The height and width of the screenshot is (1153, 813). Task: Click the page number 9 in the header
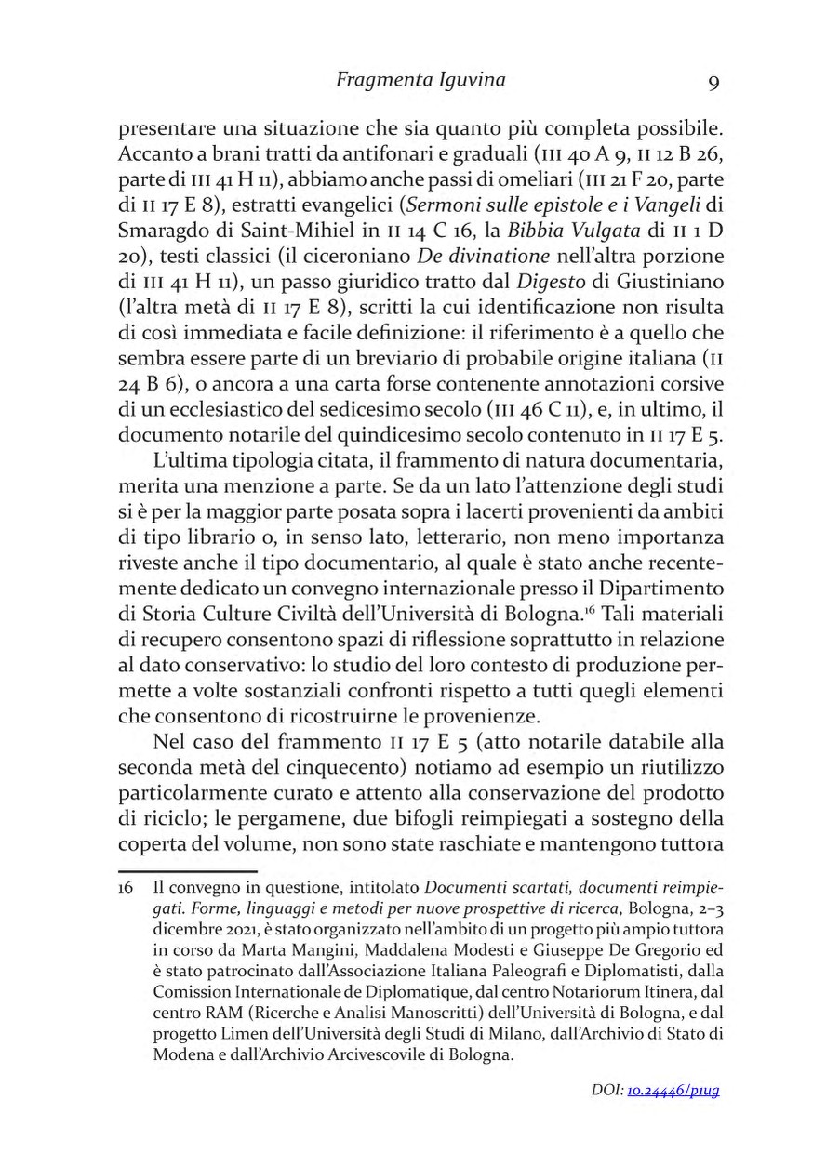click(x=713, y=83)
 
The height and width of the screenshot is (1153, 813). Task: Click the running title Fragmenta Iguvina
click(x=420, y=80)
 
